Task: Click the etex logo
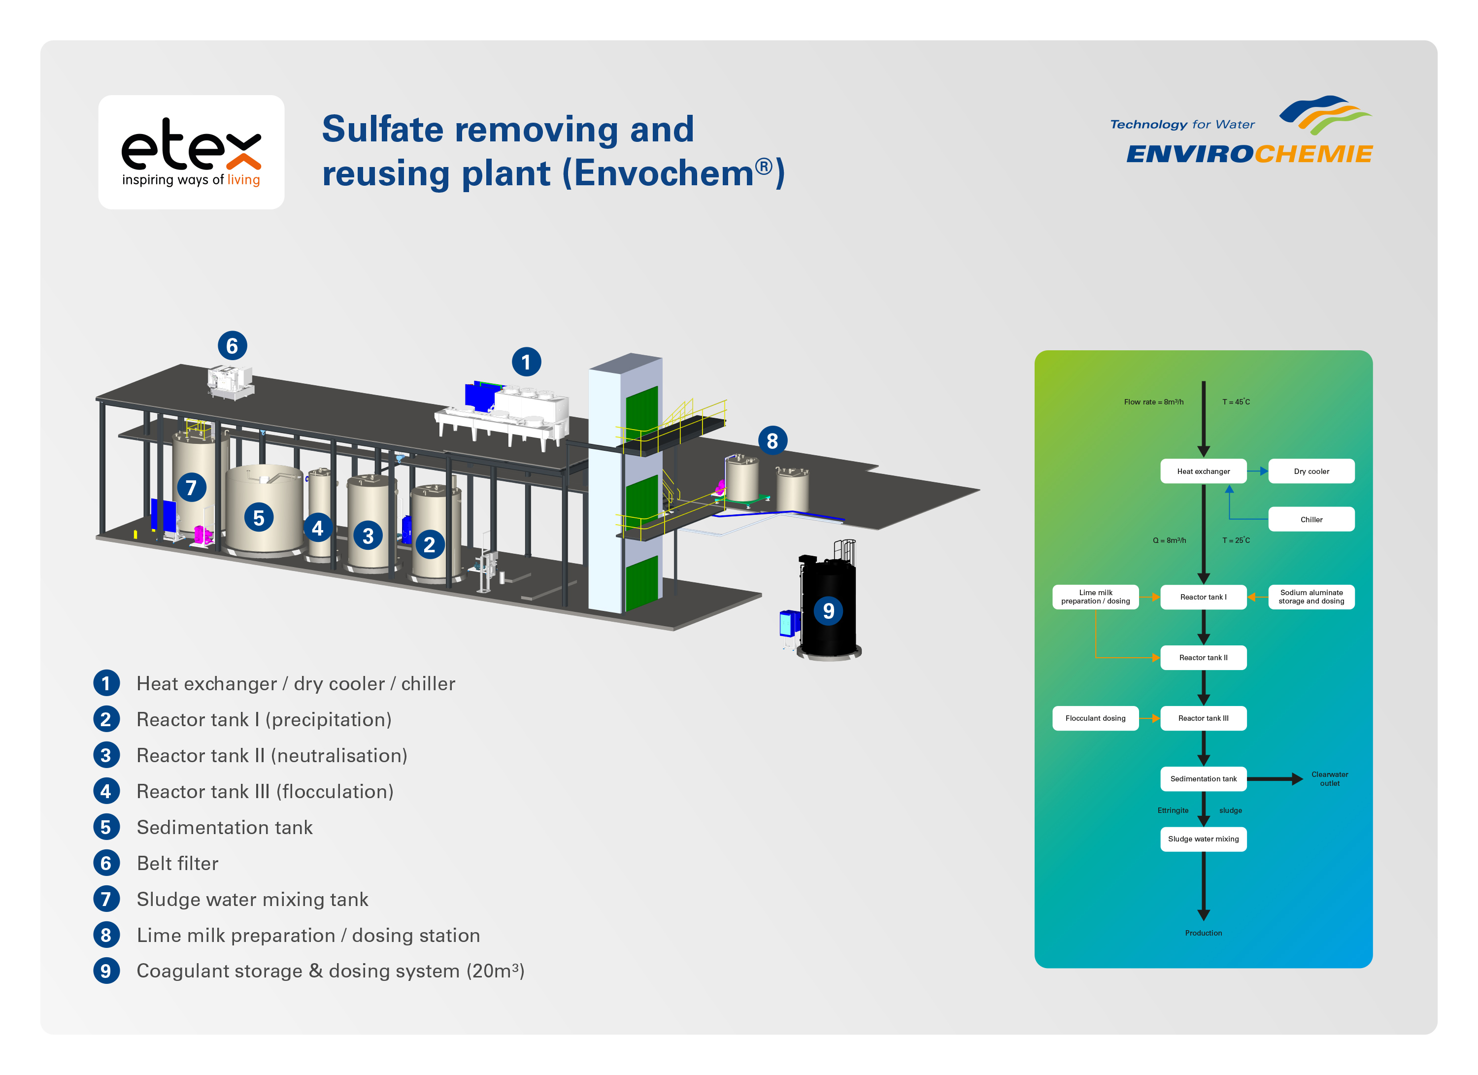(191, 152)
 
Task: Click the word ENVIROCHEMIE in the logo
(1249, 154)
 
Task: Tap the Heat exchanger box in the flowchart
(1203, 471)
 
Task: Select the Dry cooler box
(1311, 471)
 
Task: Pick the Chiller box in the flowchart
(1311, 519)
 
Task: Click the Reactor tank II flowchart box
(1203, 657)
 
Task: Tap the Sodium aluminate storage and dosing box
(1311, 597)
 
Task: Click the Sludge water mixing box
(1203, 839)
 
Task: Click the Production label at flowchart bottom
(1203, 933)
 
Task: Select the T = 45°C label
(1236, 402)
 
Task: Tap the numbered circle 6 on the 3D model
(232, 345)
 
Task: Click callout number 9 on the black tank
(828, 610)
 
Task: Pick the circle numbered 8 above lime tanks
(772, 441)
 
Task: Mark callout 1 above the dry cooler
(526, 362)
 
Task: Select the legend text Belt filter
(177, 863)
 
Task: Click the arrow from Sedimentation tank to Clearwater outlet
(1274, 778)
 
